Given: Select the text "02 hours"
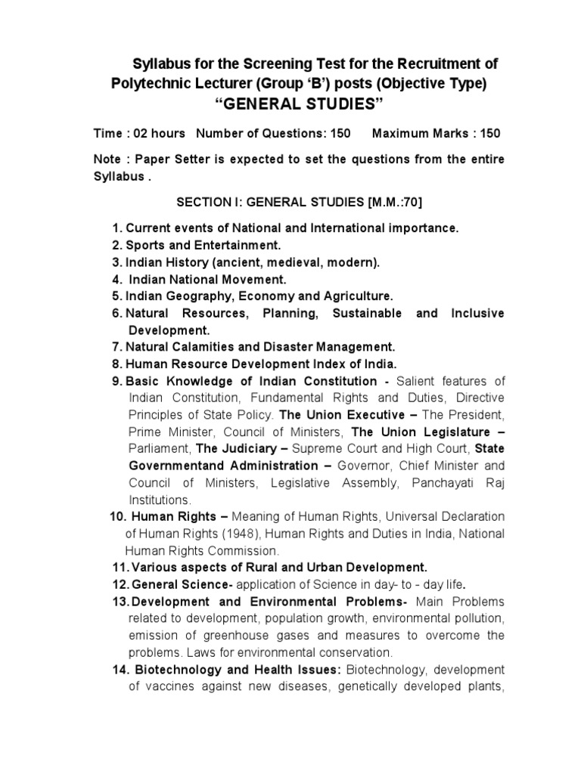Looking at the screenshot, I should (160, 133).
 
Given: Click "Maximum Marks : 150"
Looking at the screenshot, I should (437, 133).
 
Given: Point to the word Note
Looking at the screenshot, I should (108, 159).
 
